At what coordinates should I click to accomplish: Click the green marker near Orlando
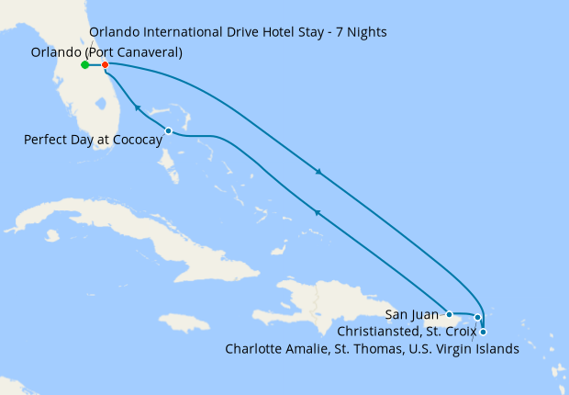[x=84, y=65]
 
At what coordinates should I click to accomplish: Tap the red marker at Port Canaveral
[x=106, y=65]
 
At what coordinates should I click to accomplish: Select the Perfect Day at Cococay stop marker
[x=168, y=130]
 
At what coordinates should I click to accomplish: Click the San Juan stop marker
[x=450, y=315]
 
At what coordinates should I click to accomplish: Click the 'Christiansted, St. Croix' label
[x=404, y=332]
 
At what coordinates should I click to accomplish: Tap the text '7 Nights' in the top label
[x=361, y=32]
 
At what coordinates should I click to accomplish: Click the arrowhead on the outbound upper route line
[x=318, y=172]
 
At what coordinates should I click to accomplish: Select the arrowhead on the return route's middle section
[x=317, y=212]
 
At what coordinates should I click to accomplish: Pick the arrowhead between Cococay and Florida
[x=138, y=108]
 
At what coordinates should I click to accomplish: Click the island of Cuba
[x=138, y=230]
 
